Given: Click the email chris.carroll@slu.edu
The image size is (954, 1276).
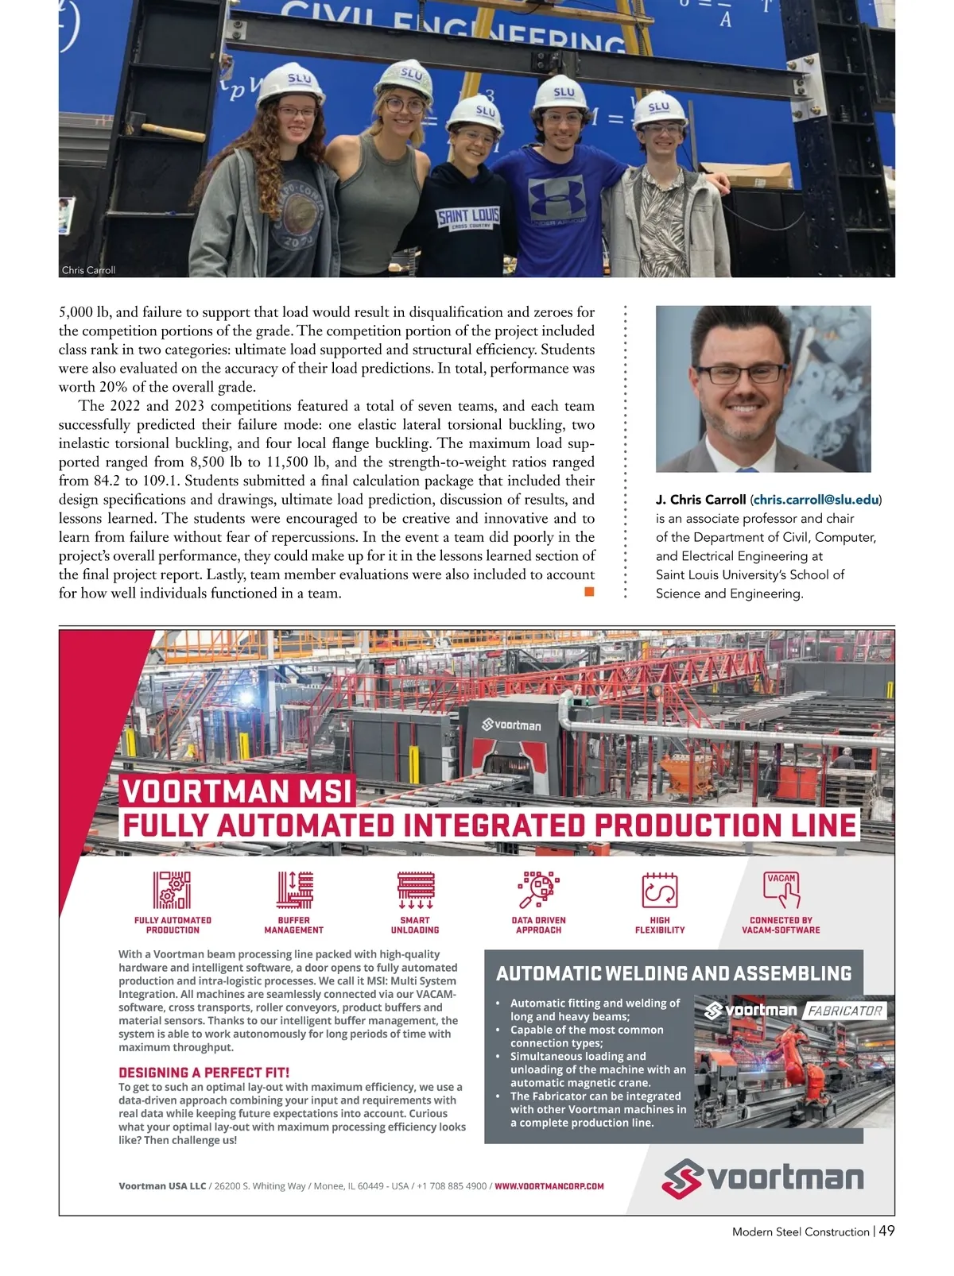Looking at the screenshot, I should point(816,500).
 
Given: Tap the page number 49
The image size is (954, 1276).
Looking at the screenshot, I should point(887,1231).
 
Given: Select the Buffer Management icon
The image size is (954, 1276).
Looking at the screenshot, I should point(294,890).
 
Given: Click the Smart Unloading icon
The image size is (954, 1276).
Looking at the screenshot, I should point(415,890).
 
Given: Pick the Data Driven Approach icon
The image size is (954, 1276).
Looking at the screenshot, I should point(538,890).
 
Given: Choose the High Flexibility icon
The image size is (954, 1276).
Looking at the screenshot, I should point(659,891).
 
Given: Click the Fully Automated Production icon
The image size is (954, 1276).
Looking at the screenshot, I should point(173,890).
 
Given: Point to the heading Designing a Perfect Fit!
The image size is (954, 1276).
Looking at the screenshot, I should point(204,1073).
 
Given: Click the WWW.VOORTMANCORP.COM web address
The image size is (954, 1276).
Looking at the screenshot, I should point(549,1186).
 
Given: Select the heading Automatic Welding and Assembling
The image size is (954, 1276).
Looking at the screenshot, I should point(673,974).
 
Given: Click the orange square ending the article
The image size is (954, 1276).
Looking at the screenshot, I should point(589,591).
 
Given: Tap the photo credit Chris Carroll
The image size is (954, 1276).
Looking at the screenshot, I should point(88,270).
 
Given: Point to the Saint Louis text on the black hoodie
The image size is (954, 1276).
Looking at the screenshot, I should point(468,216).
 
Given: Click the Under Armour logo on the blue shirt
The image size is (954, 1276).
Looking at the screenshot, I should point(556,197).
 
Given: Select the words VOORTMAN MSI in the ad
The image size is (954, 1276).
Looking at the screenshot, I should point(237,791).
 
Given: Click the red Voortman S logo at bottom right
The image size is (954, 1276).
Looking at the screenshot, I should point(682,1179).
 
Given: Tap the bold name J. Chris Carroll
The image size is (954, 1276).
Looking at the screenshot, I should point(700,500).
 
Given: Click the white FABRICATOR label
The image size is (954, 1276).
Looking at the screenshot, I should point(844,1011).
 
